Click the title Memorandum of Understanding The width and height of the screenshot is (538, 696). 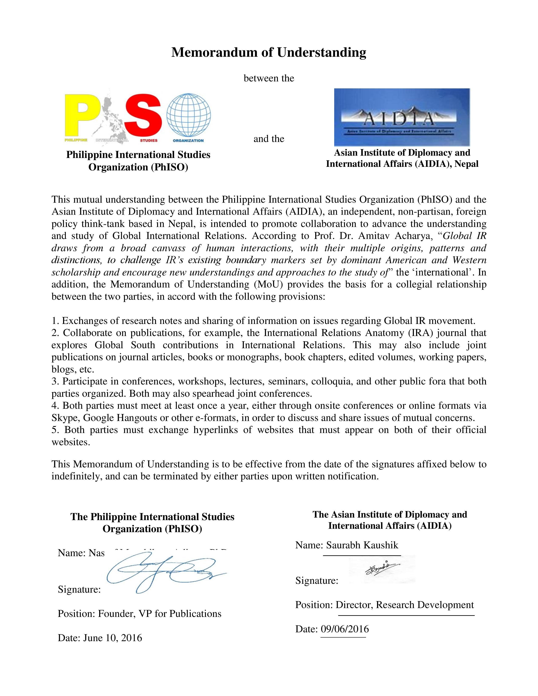pos(269,52)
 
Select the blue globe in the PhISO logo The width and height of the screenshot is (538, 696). pos(189,115)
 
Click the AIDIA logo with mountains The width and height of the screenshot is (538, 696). pos(402,117)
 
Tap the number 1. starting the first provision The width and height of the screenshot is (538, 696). pos(55,321)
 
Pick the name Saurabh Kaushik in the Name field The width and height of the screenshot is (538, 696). pos(362,545)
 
